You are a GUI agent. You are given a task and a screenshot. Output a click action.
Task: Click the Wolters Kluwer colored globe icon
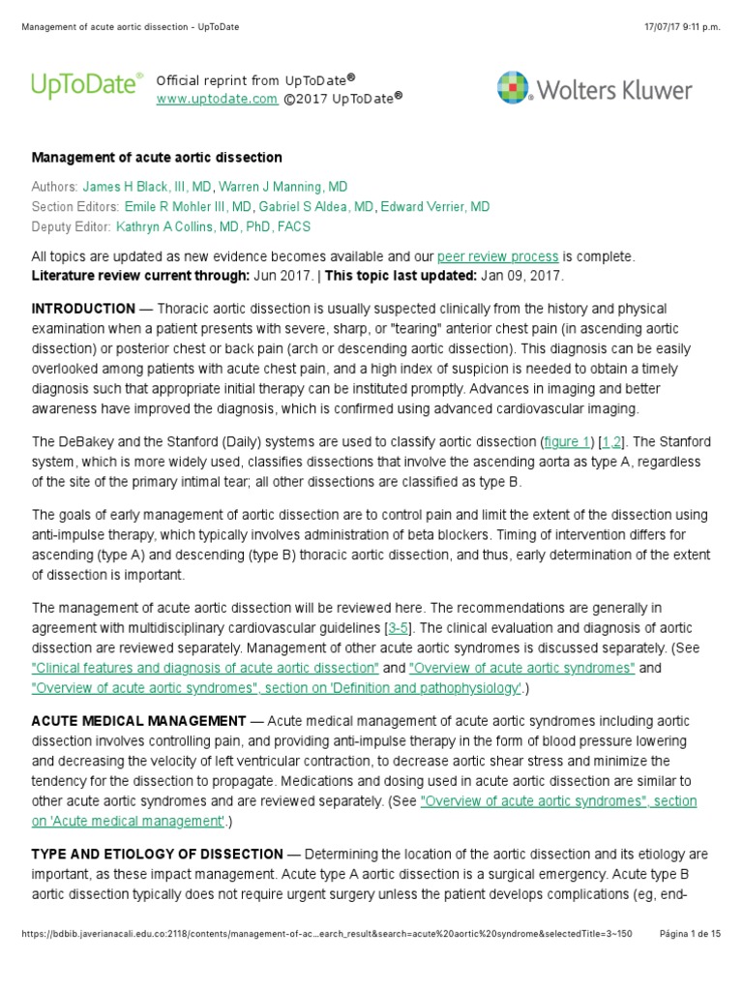[x=513, y=88]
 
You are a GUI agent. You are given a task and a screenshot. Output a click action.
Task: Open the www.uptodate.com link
[x=217, y=99]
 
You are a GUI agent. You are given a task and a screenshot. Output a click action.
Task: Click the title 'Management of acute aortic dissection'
[x=157, y=157]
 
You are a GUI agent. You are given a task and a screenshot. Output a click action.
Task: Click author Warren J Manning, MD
[x=283, y=186]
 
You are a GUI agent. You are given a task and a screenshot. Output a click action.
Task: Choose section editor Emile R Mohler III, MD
[x=188, y=206]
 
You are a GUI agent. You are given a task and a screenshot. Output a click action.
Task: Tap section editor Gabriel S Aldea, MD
[x=315, y=206]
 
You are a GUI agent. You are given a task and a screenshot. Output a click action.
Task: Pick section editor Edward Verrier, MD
[x=435, y=206]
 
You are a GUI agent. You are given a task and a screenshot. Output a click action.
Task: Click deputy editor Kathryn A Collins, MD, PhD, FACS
[x=214, y=226]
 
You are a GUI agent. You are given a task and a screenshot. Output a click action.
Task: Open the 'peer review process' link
[x=497, y=256]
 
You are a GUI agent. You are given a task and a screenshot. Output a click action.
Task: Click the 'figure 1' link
[x=567, y=441]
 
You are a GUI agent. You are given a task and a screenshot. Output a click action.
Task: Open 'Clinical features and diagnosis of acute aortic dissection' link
[x=205, y=668]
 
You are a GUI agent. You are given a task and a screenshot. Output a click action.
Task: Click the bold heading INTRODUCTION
[x=83, y=309]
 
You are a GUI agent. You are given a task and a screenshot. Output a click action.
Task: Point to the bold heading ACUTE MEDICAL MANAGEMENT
[x=138, y=721]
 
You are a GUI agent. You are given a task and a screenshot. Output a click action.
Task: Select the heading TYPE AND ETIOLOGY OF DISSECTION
[x=157, y=854]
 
